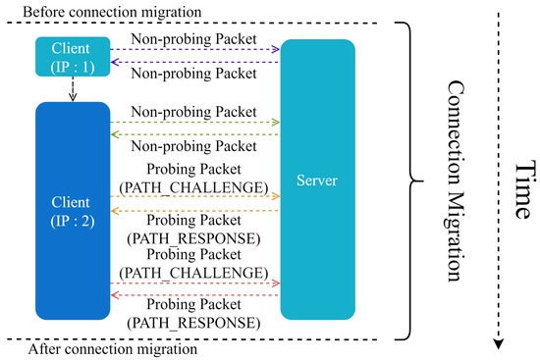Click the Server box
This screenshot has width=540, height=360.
318,180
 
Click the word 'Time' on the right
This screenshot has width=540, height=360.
520,180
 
